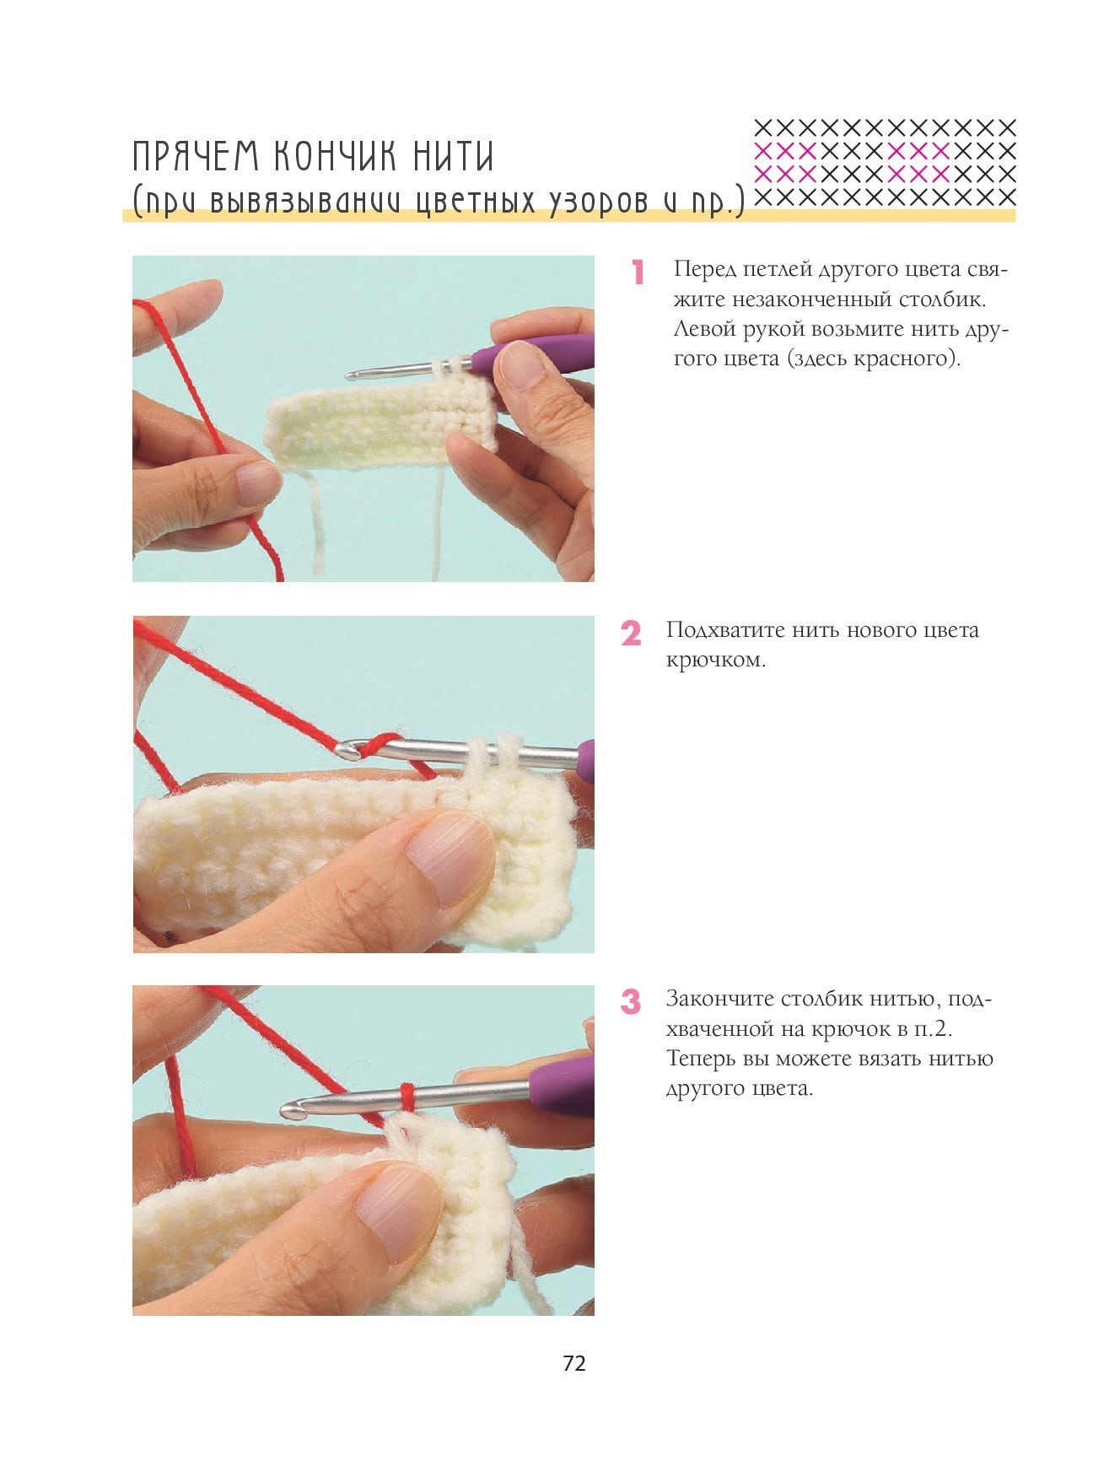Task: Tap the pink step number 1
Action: point(638,272)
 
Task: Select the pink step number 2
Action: point(631,633)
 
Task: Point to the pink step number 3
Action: point(631,1002)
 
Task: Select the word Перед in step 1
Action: point(705,270)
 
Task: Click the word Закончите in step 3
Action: point(719,1000)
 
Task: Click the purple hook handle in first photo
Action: point(533,353)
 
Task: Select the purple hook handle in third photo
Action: point(563,1086)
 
